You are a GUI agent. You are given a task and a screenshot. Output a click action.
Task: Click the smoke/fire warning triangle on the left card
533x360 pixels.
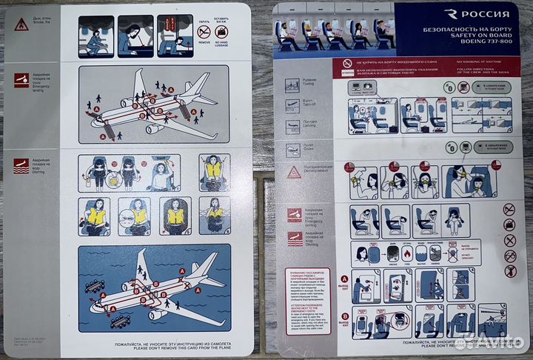tap(21, 24)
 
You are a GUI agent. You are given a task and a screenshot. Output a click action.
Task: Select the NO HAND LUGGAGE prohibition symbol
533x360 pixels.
tap(221, 33)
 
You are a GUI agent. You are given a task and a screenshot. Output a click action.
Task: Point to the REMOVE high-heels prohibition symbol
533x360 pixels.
tap(204, 33)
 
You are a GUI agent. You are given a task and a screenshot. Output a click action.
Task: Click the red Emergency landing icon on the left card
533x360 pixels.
tap(21, 81)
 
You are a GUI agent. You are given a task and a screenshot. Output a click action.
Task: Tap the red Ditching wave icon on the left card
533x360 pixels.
tap(21, 166)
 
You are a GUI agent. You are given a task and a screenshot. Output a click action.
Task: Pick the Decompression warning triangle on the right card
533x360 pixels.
tap(294, 173)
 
